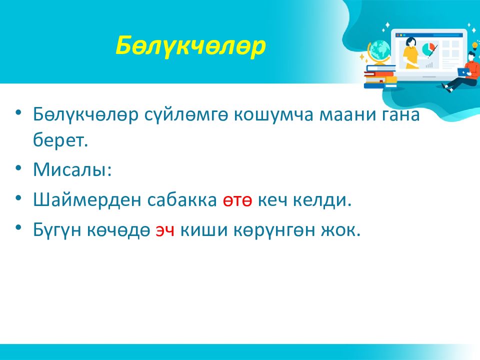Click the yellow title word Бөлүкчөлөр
pyautogui.click(x=190, y=46)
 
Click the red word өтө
pyautogui.click(x=237, y=200)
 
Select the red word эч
pyautogui.click(x=165, y=230)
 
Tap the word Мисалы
pyautogui.click(x=72, y=169)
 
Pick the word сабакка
pyautogui.click(x=182, y=200)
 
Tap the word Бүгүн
pyautogui.click(x=57, y=230)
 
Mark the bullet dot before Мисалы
pyautogui.click(x=18, y=168)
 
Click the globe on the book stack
pyautogui.click(x=379, y=52)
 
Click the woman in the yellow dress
pyautogui.click(x=410, y=53)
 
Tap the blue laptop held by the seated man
pyautogui.click(x=464, y=72)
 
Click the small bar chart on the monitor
pyautogui.click(x=429, y=65)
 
